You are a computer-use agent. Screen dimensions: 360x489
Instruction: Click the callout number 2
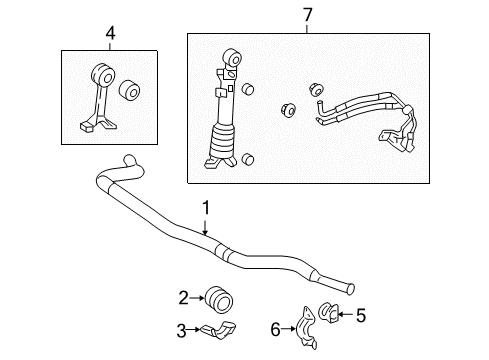click(183, 296)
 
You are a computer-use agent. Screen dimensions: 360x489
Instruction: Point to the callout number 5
click(361, 314)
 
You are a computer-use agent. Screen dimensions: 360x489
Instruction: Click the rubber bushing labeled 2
click(216, 297)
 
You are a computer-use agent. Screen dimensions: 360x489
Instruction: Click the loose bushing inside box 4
click(128, 92)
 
